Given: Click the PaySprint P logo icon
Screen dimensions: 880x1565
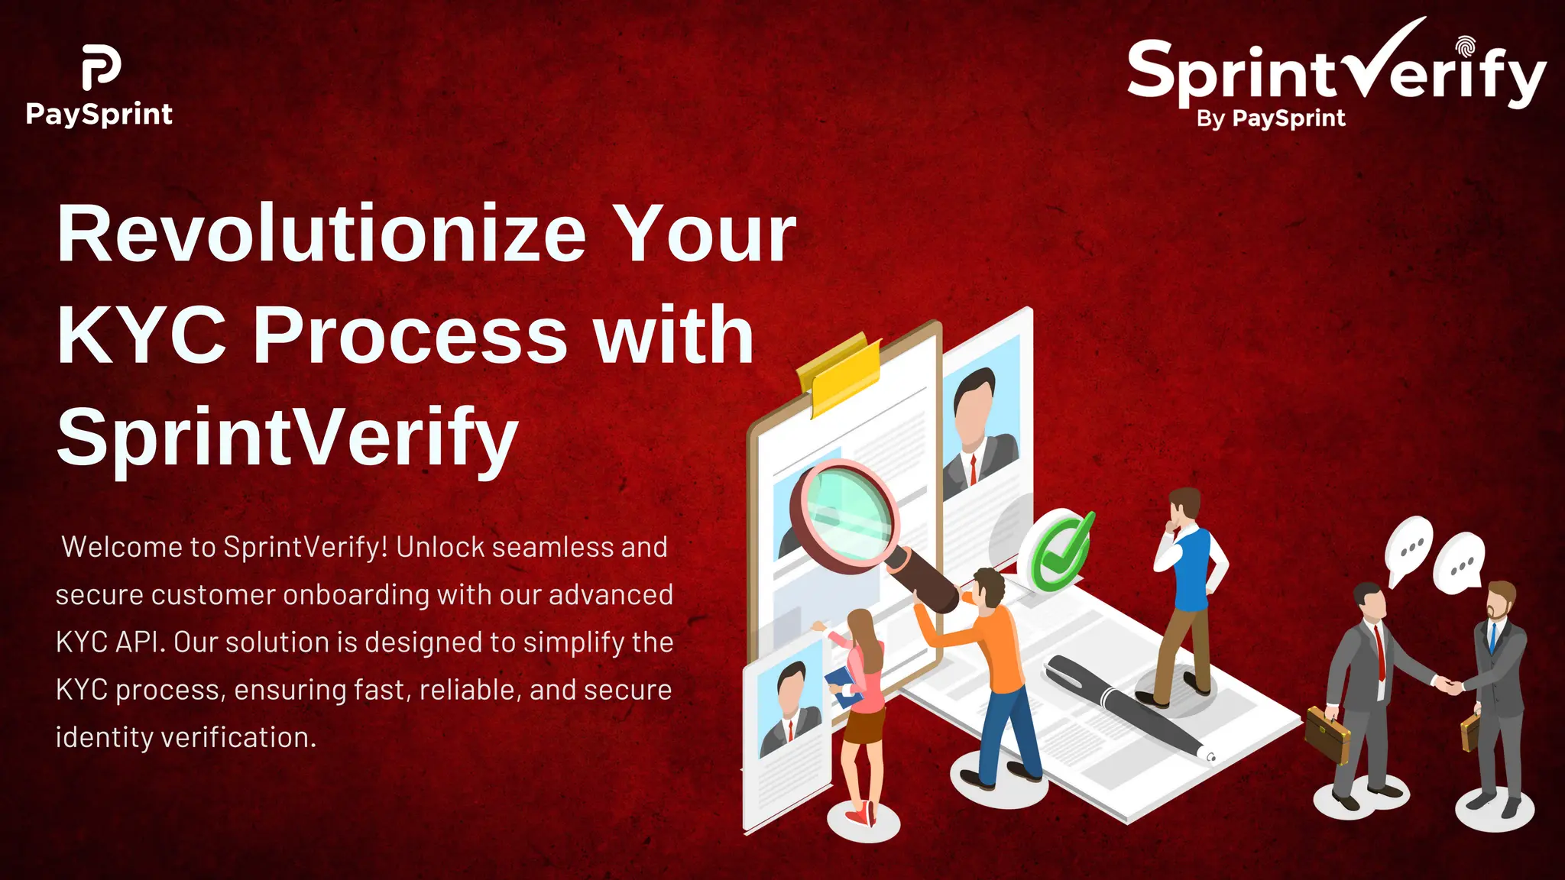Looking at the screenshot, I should pyautogui.click(x=101, y=66).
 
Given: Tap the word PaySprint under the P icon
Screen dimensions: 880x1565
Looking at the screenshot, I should pyautogui.click(x=99, y=115).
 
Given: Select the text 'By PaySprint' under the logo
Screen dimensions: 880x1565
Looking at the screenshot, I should pyautogui.click(x=1271, y=118).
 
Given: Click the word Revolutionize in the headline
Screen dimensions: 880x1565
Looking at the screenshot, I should pyautogui.click(x=321, y=234).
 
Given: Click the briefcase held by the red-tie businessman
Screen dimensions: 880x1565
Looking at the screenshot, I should pyautogui.click(x=1327, y=734).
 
